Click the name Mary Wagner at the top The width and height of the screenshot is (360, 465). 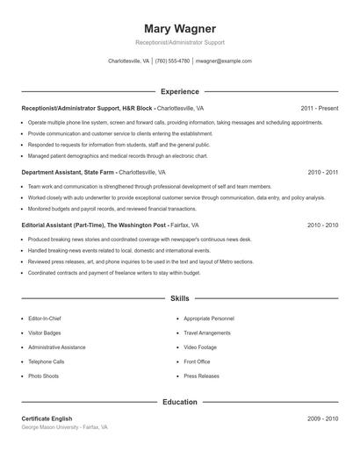[x=179, y=29]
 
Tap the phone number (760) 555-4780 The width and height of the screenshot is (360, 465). [x=172, y=61]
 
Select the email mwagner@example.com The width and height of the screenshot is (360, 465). [x=224, y=61]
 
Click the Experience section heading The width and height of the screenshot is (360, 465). [x=179, y=91]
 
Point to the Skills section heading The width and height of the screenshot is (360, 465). [x=179, y=299]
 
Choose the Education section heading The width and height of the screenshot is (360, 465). [x=179, y=402]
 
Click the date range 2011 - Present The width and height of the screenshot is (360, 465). [x=319, y=108]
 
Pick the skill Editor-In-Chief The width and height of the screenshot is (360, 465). [x=46, y=319]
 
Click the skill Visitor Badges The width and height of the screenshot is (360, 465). [x=44, y=333]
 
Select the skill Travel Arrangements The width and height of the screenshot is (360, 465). [x=206, y=333]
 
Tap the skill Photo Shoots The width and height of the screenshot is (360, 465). [x=43, y=376]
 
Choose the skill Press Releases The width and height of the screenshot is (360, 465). [x=201, y=376]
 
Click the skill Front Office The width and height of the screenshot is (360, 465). [x=197, y=361]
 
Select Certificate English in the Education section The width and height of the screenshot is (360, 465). [x=49, y=418]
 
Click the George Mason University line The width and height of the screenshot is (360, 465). [x=64, y=427]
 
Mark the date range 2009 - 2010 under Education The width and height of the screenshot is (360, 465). [x=322, y=418]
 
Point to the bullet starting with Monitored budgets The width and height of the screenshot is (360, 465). [x=112, y=209]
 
